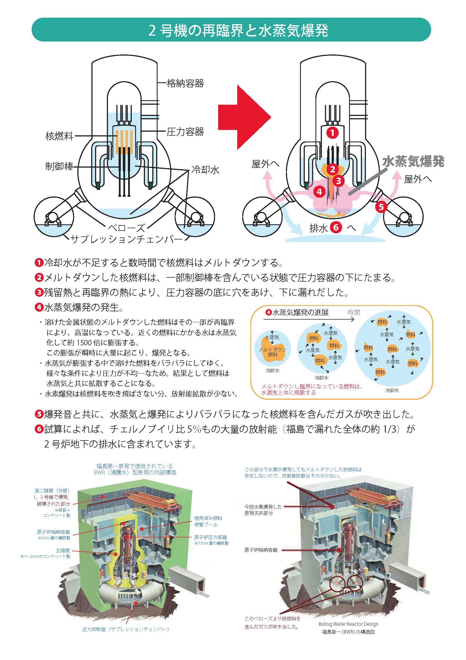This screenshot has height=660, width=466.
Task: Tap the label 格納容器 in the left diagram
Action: [x=185, y=84]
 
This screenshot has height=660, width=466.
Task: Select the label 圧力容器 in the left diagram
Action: [x=185, y=132]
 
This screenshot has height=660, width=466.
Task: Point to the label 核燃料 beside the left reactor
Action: [x=59, y=136]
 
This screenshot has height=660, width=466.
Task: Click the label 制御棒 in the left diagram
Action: [x=59, y=166]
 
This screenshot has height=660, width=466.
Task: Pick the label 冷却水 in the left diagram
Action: [x=205, y=170]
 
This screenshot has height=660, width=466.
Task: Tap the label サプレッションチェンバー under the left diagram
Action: [x=126, y=239]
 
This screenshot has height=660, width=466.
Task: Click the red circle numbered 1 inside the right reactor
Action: [x=333, y=133]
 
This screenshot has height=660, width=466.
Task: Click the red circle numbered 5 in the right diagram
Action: [x=381, y=206]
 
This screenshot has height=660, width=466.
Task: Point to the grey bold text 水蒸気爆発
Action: [x=413, y=162]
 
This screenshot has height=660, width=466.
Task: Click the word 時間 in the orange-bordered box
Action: [x=354, y=312]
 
